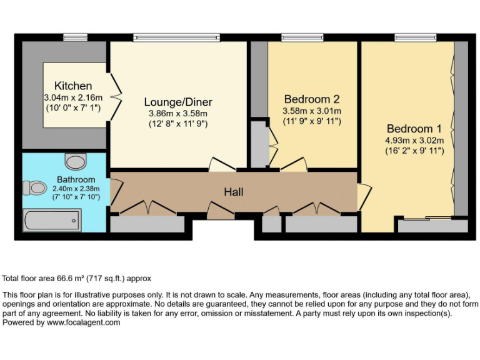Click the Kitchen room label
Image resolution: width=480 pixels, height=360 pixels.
click(x=73, y=86)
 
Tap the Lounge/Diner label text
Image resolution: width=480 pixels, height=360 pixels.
click(x=178, y=102)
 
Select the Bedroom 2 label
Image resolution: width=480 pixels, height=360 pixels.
click(x=312, y=99)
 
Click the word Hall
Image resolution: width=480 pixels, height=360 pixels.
click(x=234, y=191)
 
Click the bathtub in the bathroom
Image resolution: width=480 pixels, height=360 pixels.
click(x=51, y=219)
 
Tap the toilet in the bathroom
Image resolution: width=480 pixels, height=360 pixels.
click(x=35, y=187)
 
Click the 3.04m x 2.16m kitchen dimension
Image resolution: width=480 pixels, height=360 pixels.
click(x=73, y=97)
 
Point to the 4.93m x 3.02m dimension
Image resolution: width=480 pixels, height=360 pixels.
click(x=414, y=141)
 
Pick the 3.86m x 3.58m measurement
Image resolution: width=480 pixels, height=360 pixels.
click(x=178, y=113)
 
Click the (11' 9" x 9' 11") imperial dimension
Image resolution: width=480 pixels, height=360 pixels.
click(x=312, y=121)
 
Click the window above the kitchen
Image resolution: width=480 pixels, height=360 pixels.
click(x=75, y=37)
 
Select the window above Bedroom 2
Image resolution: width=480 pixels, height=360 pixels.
click(x=302, y=37)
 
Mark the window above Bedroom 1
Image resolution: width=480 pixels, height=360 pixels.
click(x=415, y=37)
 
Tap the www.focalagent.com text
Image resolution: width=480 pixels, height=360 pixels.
click(x=83, y=323)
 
